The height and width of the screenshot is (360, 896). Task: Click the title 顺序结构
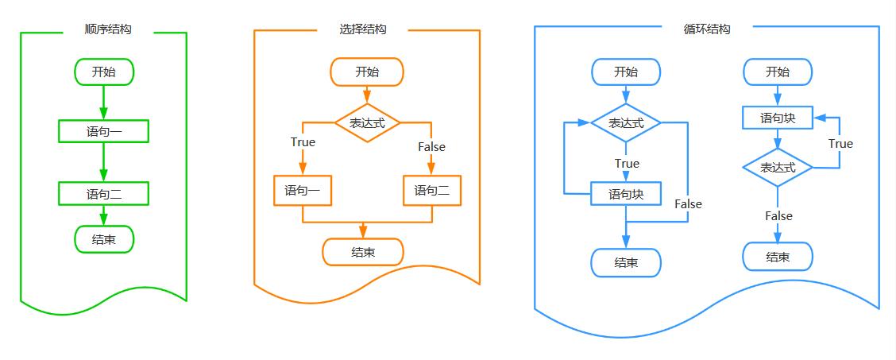[x=108, y=29]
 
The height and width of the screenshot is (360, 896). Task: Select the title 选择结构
[x=363, y=29]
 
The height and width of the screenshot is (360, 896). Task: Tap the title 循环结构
[x=707, y=29]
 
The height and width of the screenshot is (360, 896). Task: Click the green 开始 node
[x=104, y=72]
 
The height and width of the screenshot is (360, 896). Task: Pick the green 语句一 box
[x=104, y=131]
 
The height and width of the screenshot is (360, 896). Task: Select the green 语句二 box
[x=104, y=193]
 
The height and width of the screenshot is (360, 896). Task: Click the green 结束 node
[x=104, y=239]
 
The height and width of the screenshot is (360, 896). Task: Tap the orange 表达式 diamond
[x=366, y=123]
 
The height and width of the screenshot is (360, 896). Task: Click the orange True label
[x=303, y=142]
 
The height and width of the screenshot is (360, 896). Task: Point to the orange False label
[x=431, y=146]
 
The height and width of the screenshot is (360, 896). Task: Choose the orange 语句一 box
[x=303, y=191]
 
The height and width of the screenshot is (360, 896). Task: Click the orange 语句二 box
[x=431, y=191]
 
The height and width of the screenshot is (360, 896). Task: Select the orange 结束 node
[x=363, y=252]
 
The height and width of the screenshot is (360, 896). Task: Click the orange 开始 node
[x=367, y=72]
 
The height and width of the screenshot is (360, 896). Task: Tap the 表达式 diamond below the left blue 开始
[x=626, y=123]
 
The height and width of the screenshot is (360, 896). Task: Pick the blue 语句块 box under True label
[x=626, y=194]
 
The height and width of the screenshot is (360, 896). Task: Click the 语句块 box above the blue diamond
[x=778, y=118]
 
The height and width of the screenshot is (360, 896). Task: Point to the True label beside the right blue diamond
[x=840, y=144]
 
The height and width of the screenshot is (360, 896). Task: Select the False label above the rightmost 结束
[x=778, y=216]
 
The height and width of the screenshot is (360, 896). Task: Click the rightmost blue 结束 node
[x=778, y=257]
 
